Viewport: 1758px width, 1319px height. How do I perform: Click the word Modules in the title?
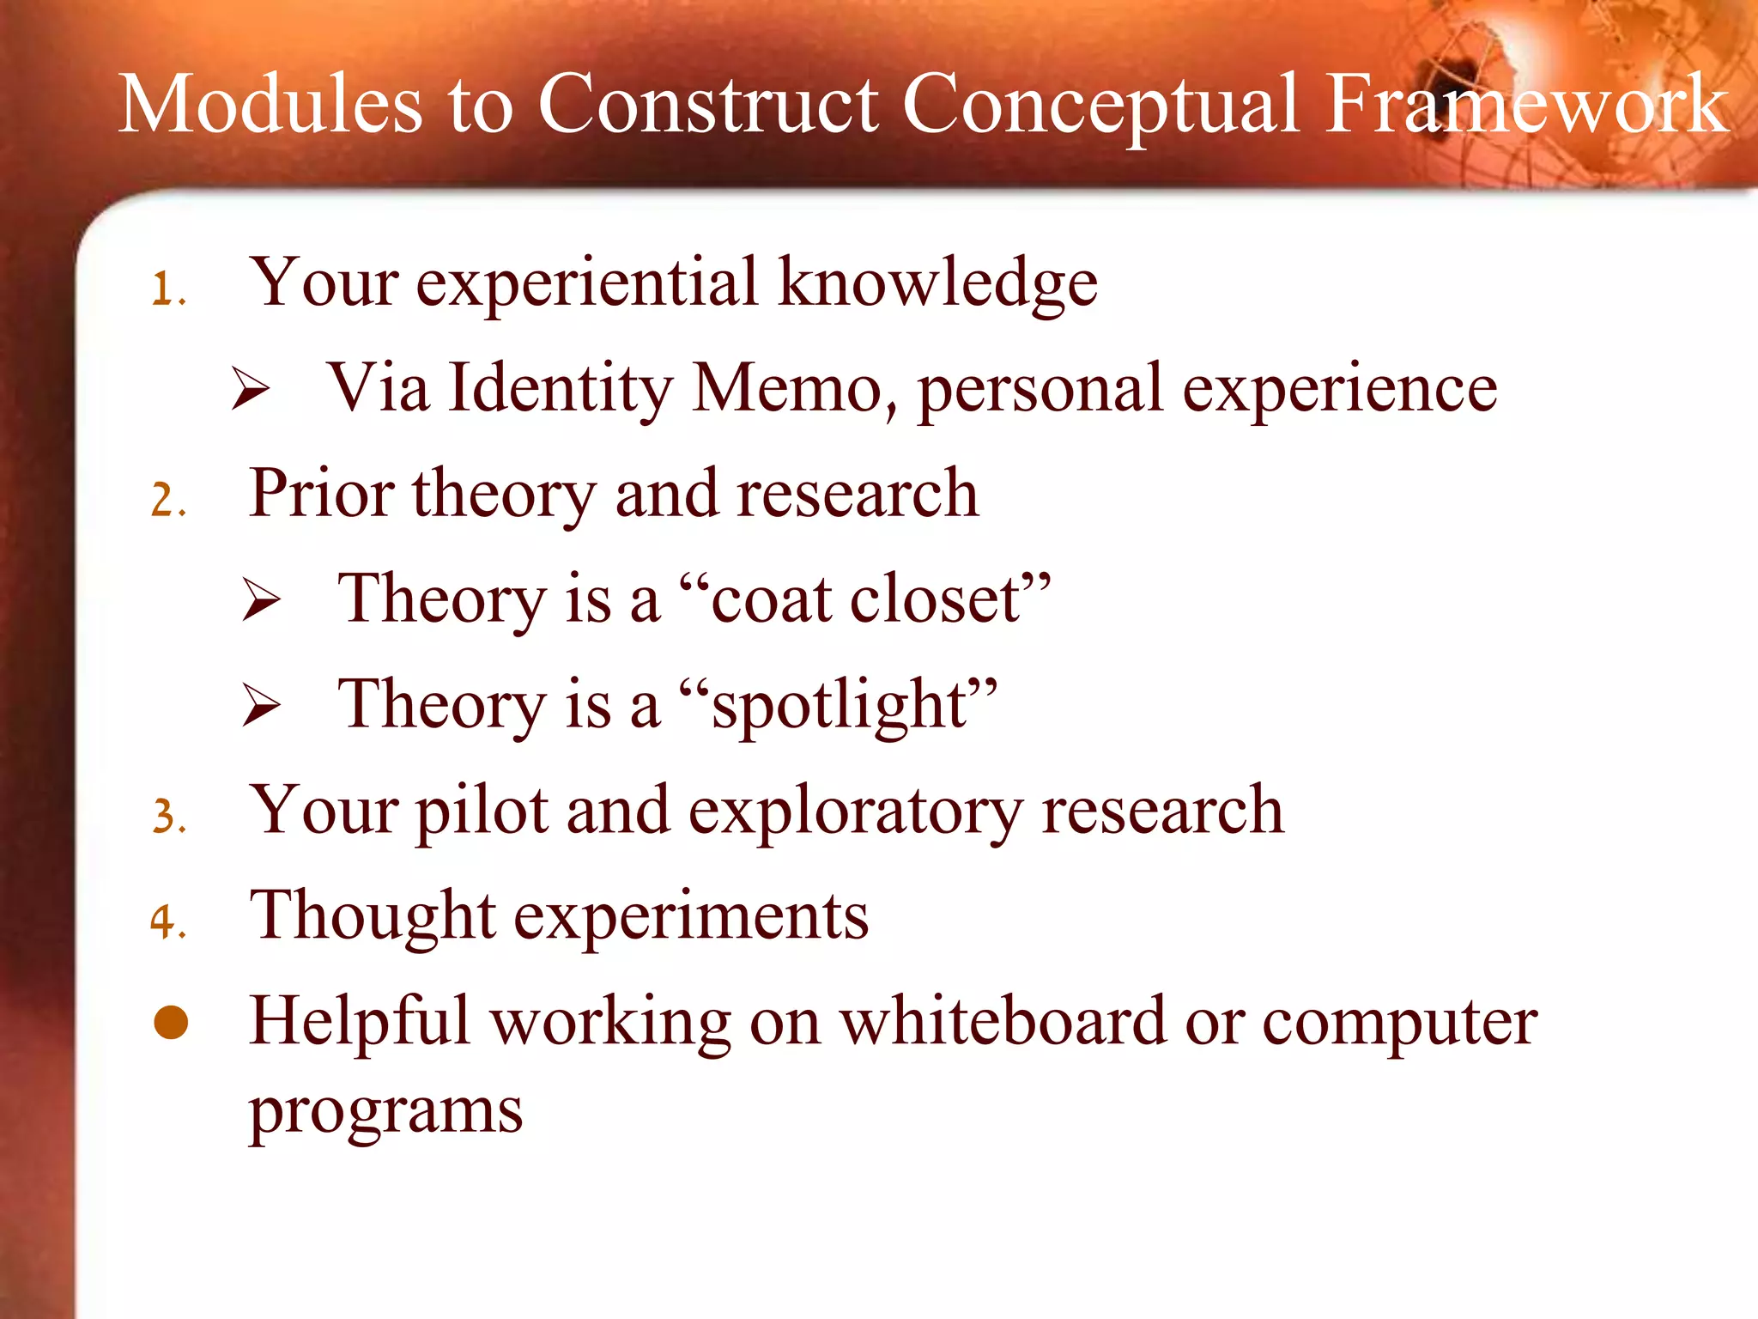(x=270, y=105)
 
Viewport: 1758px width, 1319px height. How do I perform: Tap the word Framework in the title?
(x=1526, y=105)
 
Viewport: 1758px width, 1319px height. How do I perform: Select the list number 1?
(x=167, y=289)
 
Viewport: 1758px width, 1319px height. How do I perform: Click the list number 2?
(x=167, y=500)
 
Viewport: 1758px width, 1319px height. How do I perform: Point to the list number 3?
(x=167, y=817)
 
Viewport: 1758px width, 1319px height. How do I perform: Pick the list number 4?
(x=167, y=922)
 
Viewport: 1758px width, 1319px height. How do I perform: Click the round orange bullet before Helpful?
(x=171, y=1023)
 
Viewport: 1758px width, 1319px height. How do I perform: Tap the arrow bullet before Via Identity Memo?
(x=251, y=391)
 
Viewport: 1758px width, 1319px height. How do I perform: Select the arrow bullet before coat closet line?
(x=261, y=600)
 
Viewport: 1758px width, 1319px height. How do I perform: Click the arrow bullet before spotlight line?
(x=261, y=706)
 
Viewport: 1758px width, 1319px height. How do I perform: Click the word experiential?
(x=587, y=283)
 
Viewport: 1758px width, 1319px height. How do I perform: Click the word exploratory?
(x=855, y=811)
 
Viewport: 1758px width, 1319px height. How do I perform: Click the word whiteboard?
(x=1003, y=1022)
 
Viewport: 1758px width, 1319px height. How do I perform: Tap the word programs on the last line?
(x=385, y=1113)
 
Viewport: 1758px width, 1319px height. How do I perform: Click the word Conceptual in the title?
(x=1100, y=105)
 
